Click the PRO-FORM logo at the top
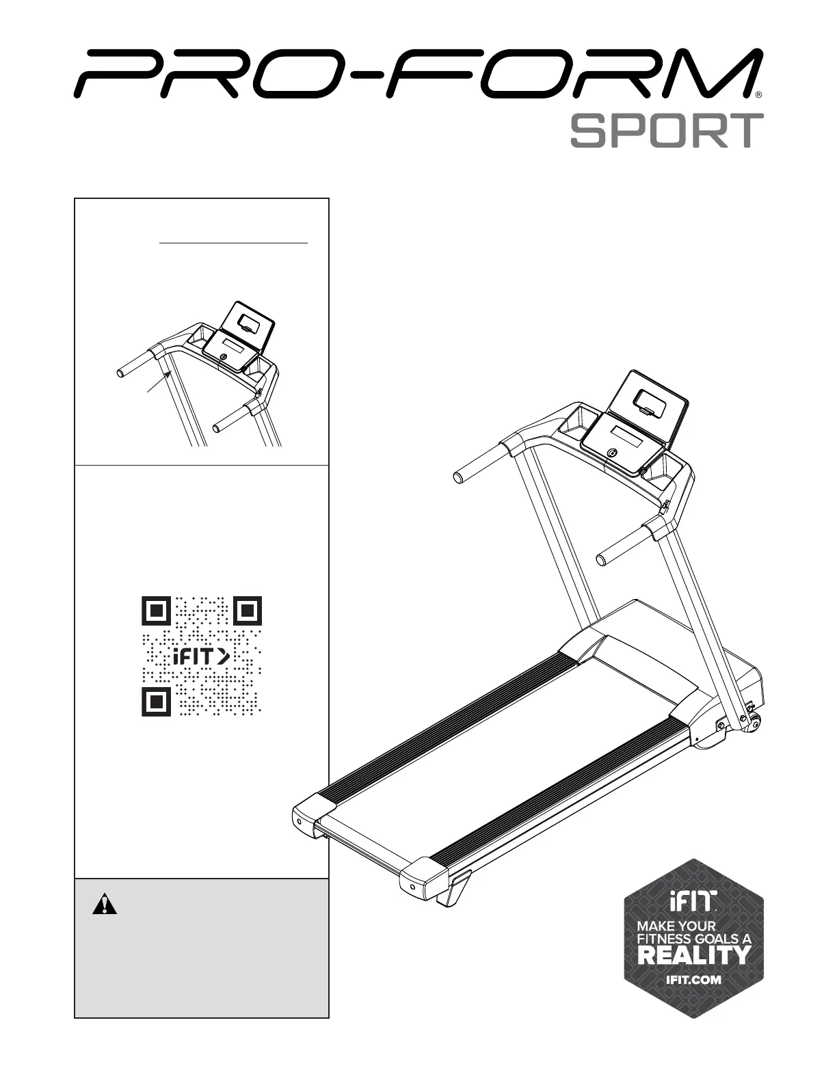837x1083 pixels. click(417, 73)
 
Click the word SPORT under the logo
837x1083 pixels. click(667, 131)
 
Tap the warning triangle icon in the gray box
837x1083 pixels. click(105, 904)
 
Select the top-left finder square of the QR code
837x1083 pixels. click(156, 611)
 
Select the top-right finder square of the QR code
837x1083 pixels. click(248, 611)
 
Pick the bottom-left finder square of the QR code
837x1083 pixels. click(156, 702)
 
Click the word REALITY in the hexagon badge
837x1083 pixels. click(693, 954)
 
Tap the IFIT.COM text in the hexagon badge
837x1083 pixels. click(693, 979)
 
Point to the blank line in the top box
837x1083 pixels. click(233, 242)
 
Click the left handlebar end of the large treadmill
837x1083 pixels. click(459, 477)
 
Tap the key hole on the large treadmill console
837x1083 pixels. click(611, 453)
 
